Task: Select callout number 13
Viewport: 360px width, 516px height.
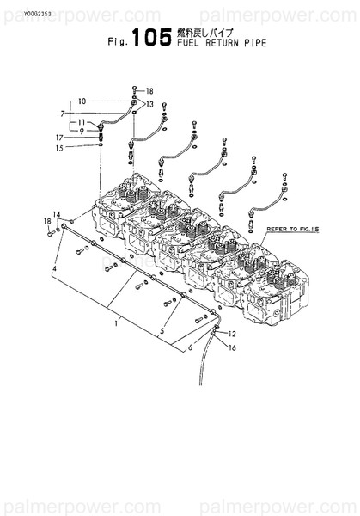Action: pyautogui.click(x=149, y=104)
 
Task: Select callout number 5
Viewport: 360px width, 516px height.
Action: pyautogui.click(x=159, y=330)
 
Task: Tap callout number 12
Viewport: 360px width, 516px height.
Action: pyautogui.click(x=231, y=334)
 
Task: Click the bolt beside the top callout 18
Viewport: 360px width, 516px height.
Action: pyautogui.click(x=136, y=90)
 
